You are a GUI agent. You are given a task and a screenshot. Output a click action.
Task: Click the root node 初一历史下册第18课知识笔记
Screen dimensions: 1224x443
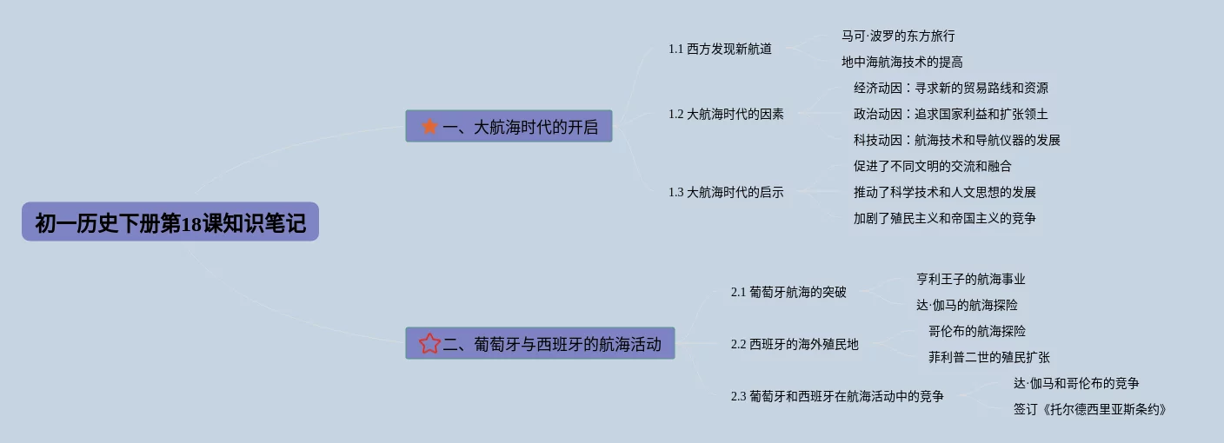170,222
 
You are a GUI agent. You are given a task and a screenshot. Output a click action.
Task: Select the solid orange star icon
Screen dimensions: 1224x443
429,127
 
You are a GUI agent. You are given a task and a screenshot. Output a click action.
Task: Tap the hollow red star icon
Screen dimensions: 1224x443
429,344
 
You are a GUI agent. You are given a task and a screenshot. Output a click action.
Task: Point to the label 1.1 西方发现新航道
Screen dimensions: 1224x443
720,49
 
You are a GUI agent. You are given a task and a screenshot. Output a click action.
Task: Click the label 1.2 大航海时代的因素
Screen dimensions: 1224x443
726,114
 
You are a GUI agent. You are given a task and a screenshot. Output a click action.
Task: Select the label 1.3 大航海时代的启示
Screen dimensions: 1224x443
726,192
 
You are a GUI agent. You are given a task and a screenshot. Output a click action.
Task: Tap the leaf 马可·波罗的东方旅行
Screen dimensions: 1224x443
898,36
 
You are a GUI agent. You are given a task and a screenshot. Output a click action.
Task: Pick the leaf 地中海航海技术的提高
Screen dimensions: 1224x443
901,62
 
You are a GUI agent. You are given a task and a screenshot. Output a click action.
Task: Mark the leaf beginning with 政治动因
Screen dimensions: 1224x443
950,114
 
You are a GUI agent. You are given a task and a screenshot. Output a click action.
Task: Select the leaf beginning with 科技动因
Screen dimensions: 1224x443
956,140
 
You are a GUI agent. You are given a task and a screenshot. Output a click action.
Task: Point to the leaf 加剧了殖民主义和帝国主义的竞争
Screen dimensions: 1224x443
944,218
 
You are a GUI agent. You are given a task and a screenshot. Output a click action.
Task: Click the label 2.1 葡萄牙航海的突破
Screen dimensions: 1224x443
788,292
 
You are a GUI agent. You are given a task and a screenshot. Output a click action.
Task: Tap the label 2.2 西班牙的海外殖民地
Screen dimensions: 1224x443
795,344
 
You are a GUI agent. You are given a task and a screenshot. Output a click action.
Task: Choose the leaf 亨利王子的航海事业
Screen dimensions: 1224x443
970,279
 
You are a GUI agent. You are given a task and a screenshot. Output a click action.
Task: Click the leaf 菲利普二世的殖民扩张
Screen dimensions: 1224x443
988,357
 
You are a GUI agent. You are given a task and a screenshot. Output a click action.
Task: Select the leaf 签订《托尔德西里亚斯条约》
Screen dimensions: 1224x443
1089,409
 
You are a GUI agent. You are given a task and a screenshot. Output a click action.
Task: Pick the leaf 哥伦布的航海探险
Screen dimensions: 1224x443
976,331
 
